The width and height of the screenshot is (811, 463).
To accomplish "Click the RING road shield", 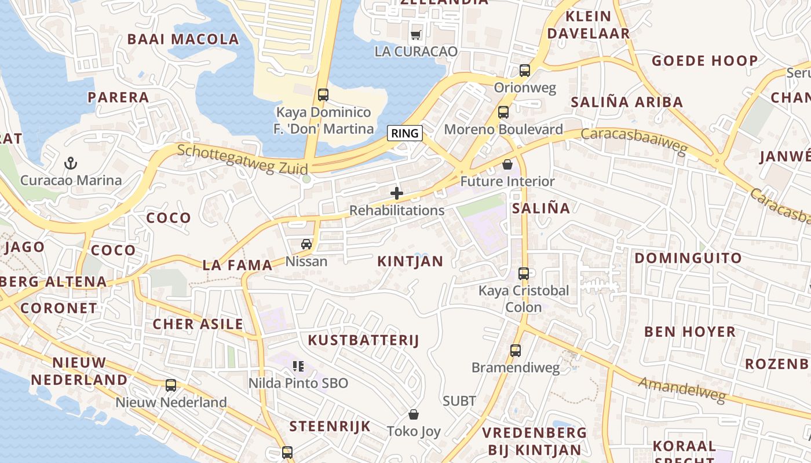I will [x=405, y=133].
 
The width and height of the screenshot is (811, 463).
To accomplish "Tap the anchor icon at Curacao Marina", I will [x=71, y=163].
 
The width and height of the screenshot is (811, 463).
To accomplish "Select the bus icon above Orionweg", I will [x=525, y=71].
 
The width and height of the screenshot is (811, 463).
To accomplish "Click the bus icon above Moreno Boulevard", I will [x=503, y=112].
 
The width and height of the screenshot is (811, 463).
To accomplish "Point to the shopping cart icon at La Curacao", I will [x=415, y=35].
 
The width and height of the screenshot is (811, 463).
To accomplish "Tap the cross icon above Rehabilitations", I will [x=397, y=193].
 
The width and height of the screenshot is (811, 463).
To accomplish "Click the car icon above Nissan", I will [x=306, y=244].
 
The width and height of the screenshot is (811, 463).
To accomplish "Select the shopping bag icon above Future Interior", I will [x=507, y=165].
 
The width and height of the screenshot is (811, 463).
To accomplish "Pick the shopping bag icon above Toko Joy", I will [x=414, y=414].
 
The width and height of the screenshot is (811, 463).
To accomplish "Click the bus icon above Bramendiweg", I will [x=516, y=351].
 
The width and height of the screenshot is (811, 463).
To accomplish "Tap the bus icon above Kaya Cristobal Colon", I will [x=524, y=274].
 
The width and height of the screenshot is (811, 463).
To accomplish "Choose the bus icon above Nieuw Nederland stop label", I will [x=171, y=385].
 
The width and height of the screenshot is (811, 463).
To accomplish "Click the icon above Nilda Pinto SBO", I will [x=298, y=366].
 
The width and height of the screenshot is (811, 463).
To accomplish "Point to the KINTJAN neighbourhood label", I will [x=410, y=262].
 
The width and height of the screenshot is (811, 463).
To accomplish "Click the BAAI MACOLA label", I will [x=183, y=39].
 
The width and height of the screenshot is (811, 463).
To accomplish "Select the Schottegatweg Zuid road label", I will [x=243, y=158].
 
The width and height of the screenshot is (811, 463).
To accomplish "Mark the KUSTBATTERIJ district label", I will [x=363, y=340].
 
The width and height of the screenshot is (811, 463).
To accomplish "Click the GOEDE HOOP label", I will [x=704, y=61].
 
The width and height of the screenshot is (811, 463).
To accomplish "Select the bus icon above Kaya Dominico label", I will [x=323, y=94].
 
